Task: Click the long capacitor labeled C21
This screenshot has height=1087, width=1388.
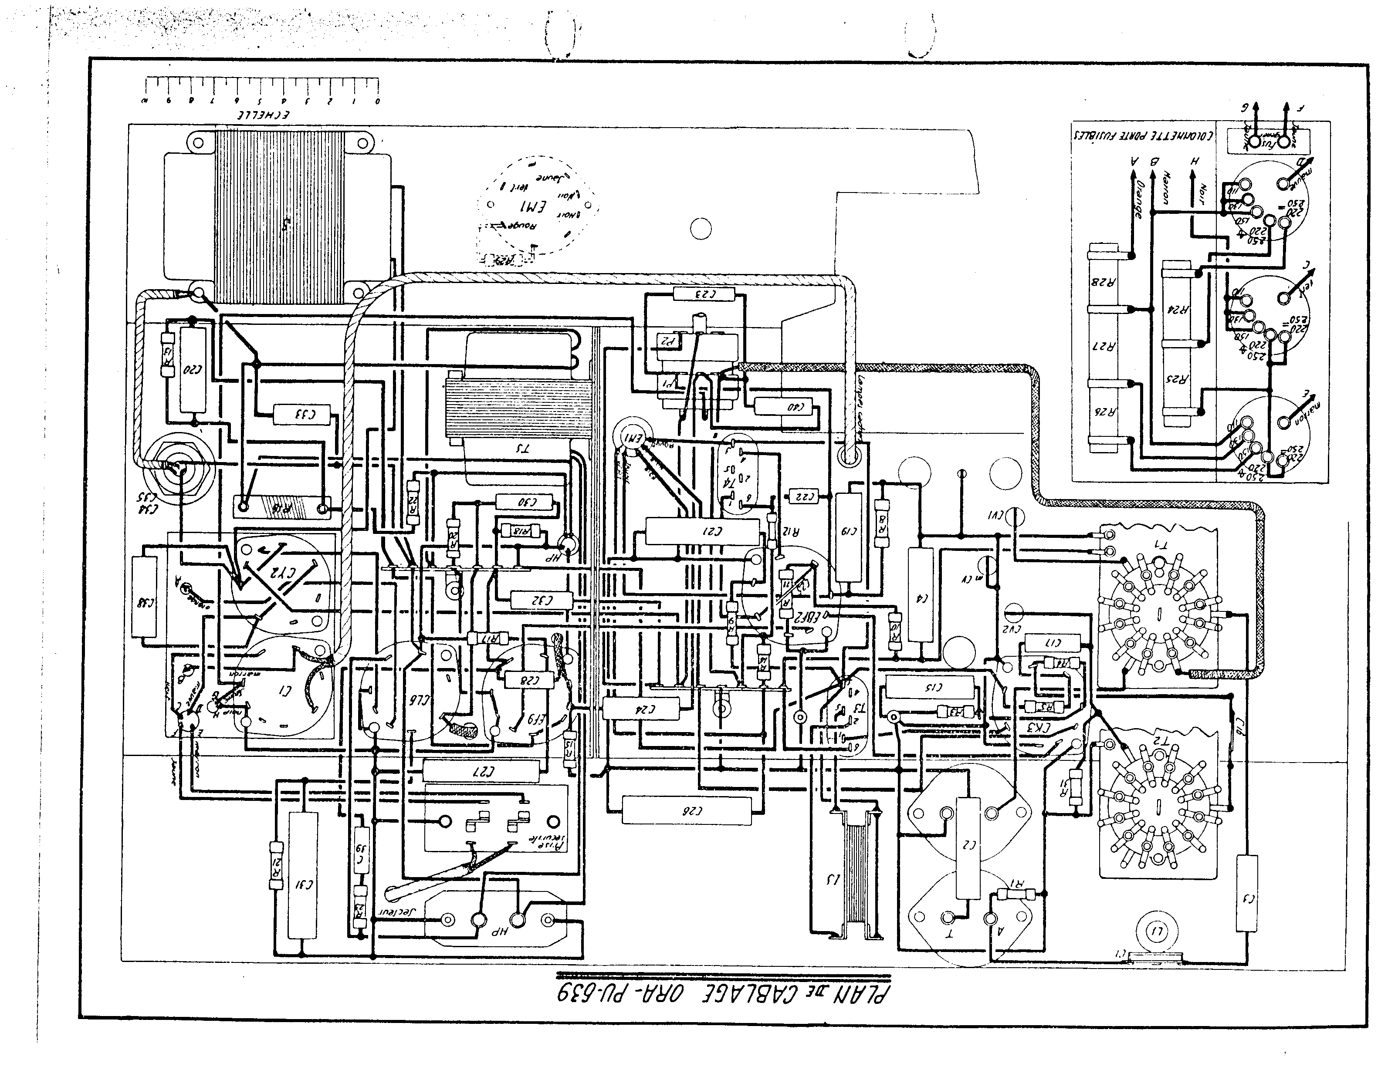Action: (702, 531)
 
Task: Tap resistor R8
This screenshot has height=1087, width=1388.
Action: (883, 523)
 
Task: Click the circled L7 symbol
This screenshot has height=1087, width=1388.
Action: (1156, 932)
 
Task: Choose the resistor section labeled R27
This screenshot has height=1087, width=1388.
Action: (1107, 347)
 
